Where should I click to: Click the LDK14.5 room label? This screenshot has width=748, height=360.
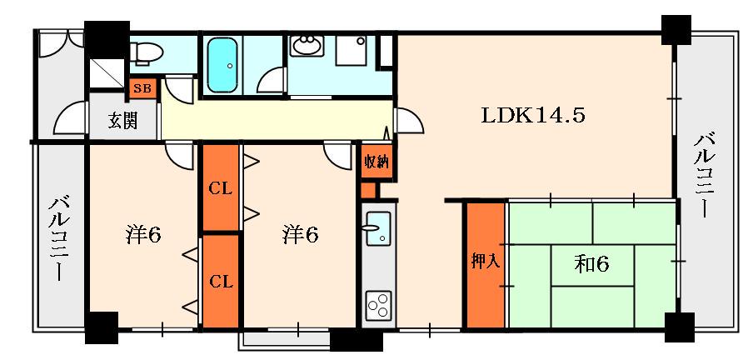coord(532,115)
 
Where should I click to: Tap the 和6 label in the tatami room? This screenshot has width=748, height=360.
coord(591,263)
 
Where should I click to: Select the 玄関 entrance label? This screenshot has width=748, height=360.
coord(123,120)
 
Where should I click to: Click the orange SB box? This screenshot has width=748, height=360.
coord(142,89)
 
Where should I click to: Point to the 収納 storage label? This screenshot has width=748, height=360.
coord(377,162)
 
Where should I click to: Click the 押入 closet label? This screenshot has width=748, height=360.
coord(486,261)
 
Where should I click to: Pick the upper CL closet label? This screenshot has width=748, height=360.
coord(220,188)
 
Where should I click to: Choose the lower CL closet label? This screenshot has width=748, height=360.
coord(222,282)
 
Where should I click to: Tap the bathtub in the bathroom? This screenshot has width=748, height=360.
coord(222,65)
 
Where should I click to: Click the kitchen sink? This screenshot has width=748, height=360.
coord(378,228)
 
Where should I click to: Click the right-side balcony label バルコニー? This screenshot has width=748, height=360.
coord(704,176)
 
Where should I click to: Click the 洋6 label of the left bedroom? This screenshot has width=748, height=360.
coord(143,235)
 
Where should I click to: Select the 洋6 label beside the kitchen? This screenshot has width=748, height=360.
coord(300,235)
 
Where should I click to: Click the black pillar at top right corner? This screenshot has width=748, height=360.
coord(676,30)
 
